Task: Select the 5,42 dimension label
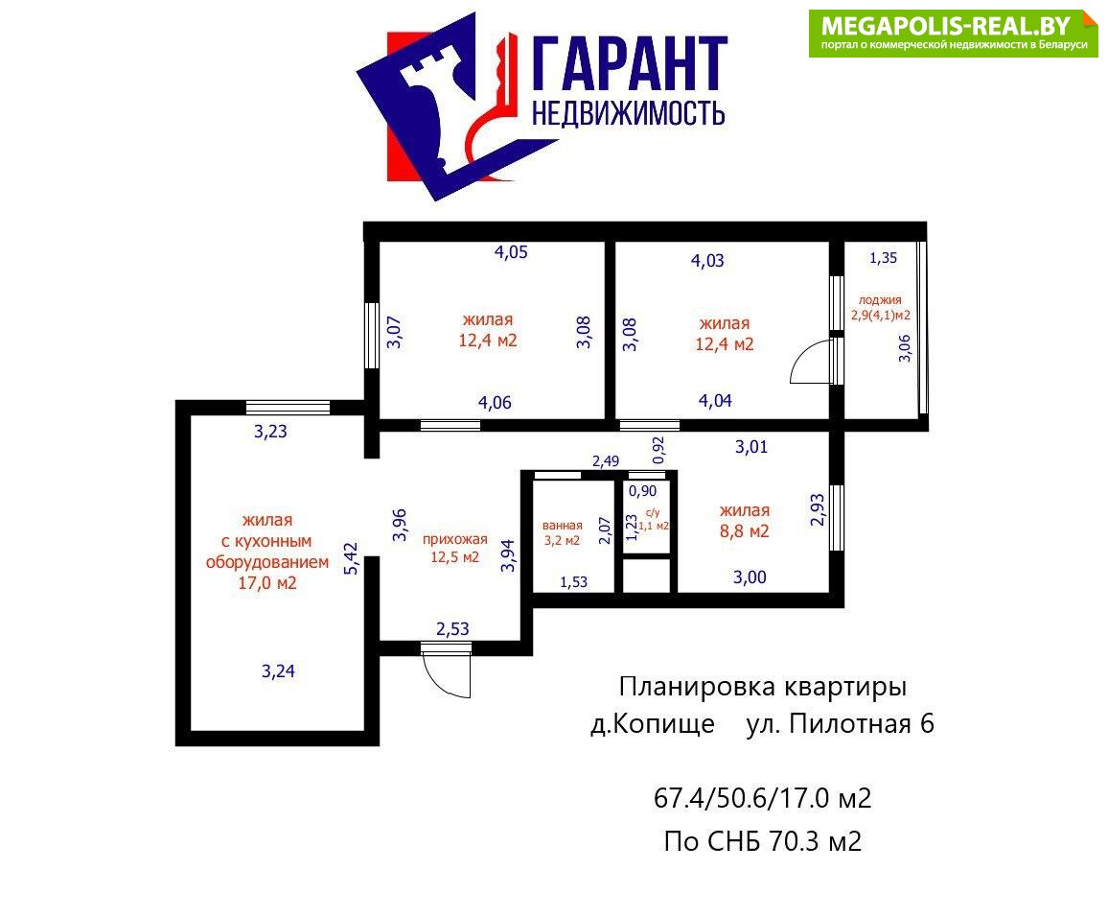pyautogui.click(x=351, y=558)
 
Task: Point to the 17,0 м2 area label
pyautogui.click(x=267, y=583)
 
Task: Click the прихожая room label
pyautogui.click(x=455, y=539)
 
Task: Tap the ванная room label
pyautogui.click(x=563, y=526)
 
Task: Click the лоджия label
pyautogui.click(x=880, y=300)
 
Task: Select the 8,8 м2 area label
pyautogui.click(x=744, y=531)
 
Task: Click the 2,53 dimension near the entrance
pyautogui.click(x=452, y=628)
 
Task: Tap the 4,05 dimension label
pyautogui.click(x=511, y=252)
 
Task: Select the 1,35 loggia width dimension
pyautogui.click(x=884, y=258)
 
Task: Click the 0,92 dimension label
pyautogui.click(x=658, y=450)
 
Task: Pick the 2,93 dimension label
pyautogui.click(x=817, y=509)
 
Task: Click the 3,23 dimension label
pyautogui.click(x=270, y=432)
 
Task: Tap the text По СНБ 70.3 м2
pyautogui.click(x=762, y=841)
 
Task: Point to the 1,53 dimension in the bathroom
pyautogui.click(x=574, y=582)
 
